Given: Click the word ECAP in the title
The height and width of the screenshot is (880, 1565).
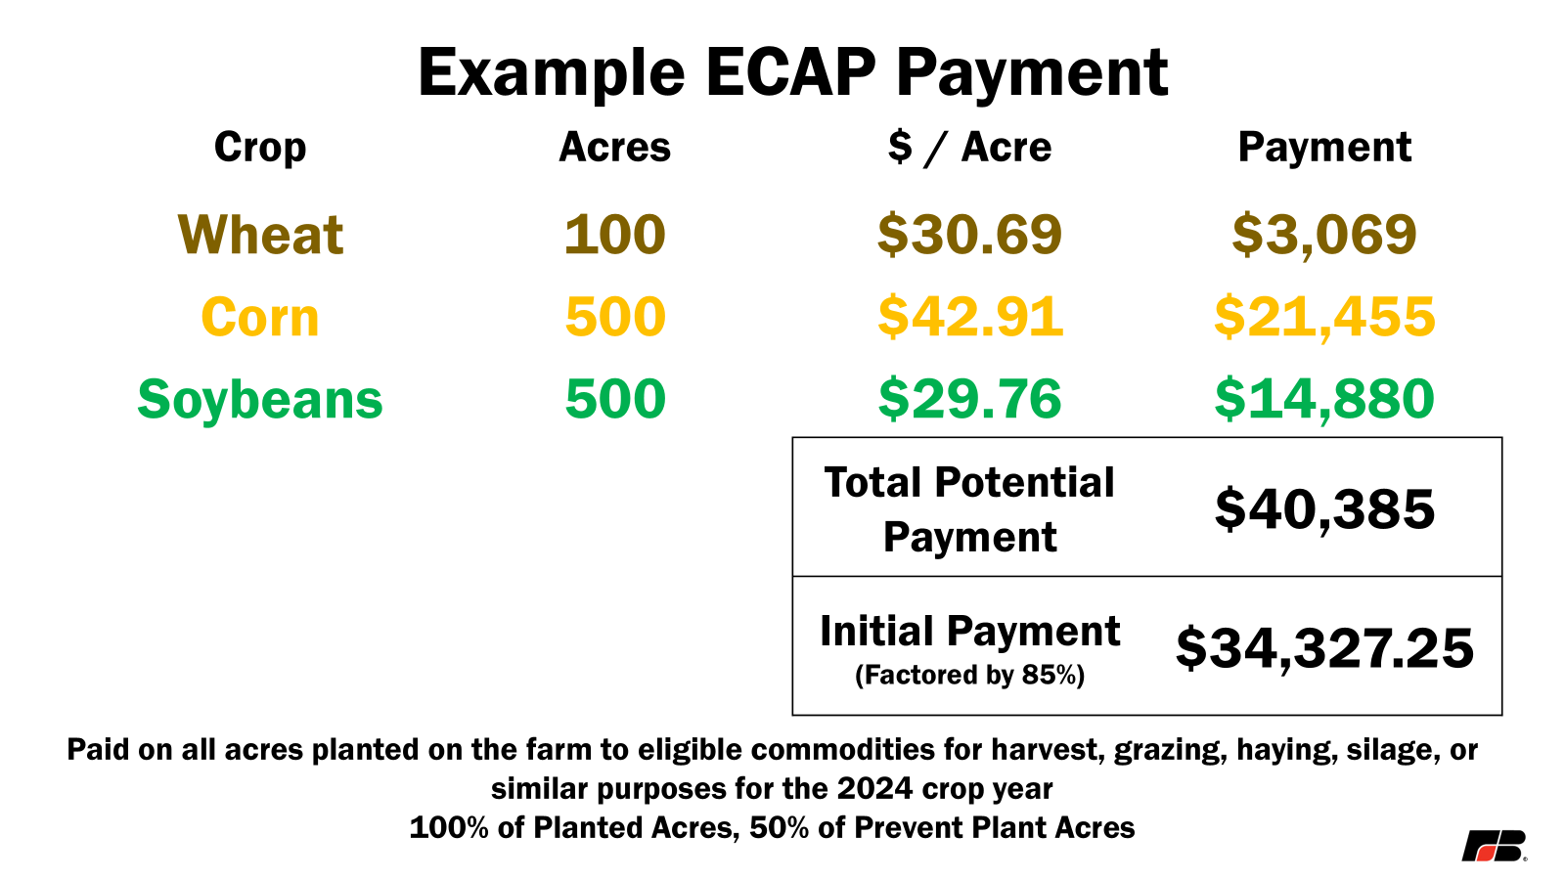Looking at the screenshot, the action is click(790, 72).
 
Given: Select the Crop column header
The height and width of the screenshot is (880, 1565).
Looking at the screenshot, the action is click(260, 148).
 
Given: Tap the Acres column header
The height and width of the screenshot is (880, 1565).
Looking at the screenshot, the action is click(615, 148).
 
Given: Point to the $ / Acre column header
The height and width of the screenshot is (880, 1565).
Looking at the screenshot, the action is click(969, 148).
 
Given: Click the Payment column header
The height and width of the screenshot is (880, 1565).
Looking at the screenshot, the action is click(1324, 148).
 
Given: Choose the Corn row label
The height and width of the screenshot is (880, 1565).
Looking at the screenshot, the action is click(260, 317).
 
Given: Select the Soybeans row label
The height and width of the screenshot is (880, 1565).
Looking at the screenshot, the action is click(260, 400).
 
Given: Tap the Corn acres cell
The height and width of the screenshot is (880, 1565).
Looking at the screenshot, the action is click(615, 317).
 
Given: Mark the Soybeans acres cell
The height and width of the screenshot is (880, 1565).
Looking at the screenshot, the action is click(615, 399).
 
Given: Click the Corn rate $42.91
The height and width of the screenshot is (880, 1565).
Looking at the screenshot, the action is click(969, 317).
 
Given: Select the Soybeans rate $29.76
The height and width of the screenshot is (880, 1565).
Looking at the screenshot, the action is click(969, 399).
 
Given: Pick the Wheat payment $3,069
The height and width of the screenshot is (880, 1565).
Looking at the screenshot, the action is click(1324, 236).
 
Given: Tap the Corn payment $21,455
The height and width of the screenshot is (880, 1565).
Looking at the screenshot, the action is click(1324, 318).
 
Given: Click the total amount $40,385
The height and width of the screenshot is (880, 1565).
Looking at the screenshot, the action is click(1324, 509).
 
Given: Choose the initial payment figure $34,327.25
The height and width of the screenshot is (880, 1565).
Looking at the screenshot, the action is click(1324, 649).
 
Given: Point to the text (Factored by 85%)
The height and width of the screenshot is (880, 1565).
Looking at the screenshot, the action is click(969, 676).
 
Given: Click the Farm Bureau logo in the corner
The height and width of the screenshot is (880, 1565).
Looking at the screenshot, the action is click(1495, 847).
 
